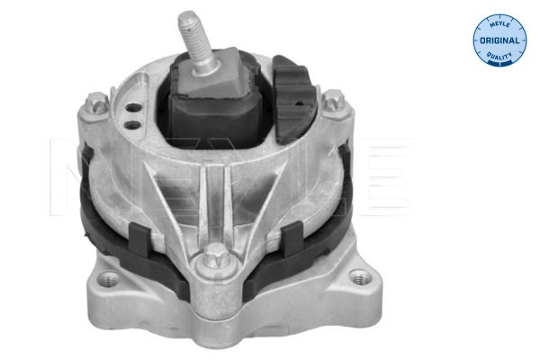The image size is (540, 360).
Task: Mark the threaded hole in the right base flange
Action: [x=360, y=277]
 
